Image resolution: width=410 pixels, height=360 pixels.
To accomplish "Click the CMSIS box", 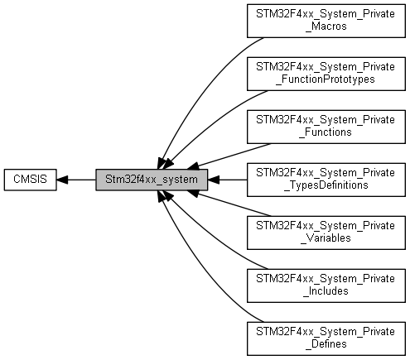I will pos(29,179).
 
